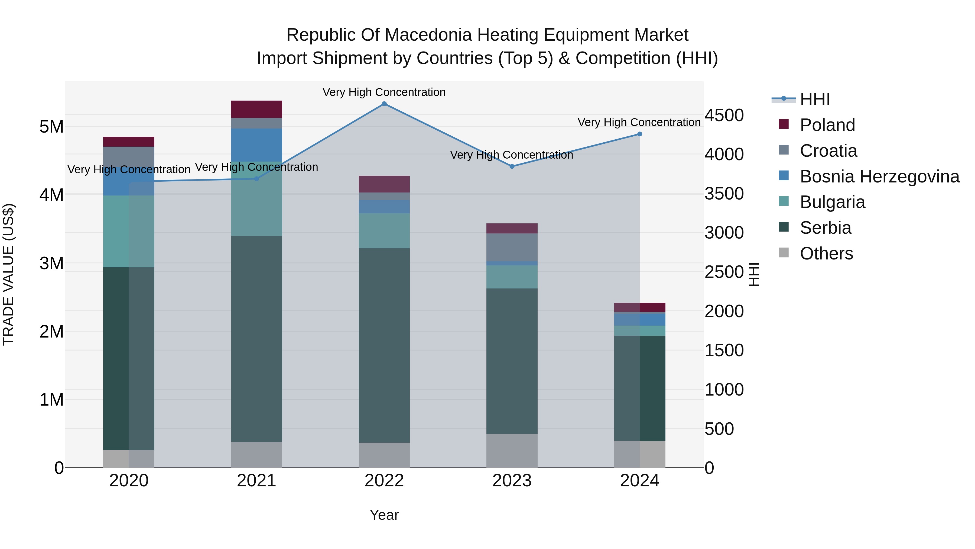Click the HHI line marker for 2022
[x=384, y=104]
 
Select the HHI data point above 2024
[x=640, y=134]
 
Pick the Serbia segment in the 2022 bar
[x=384, y=345]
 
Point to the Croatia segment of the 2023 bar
[x=512, y=247]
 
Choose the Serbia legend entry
[x=825, y=228]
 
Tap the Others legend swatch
[x=784, y=253]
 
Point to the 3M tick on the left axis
[x=51, y=263]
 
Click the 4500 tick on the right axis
[x=724, y=115]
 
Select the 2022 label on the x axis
[x=384, y=481]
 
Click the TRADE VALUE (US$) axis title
[x=8, y=274]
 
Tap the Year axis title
[x=384, y=515]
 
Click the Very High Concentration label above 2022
[x=384, y=92]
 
